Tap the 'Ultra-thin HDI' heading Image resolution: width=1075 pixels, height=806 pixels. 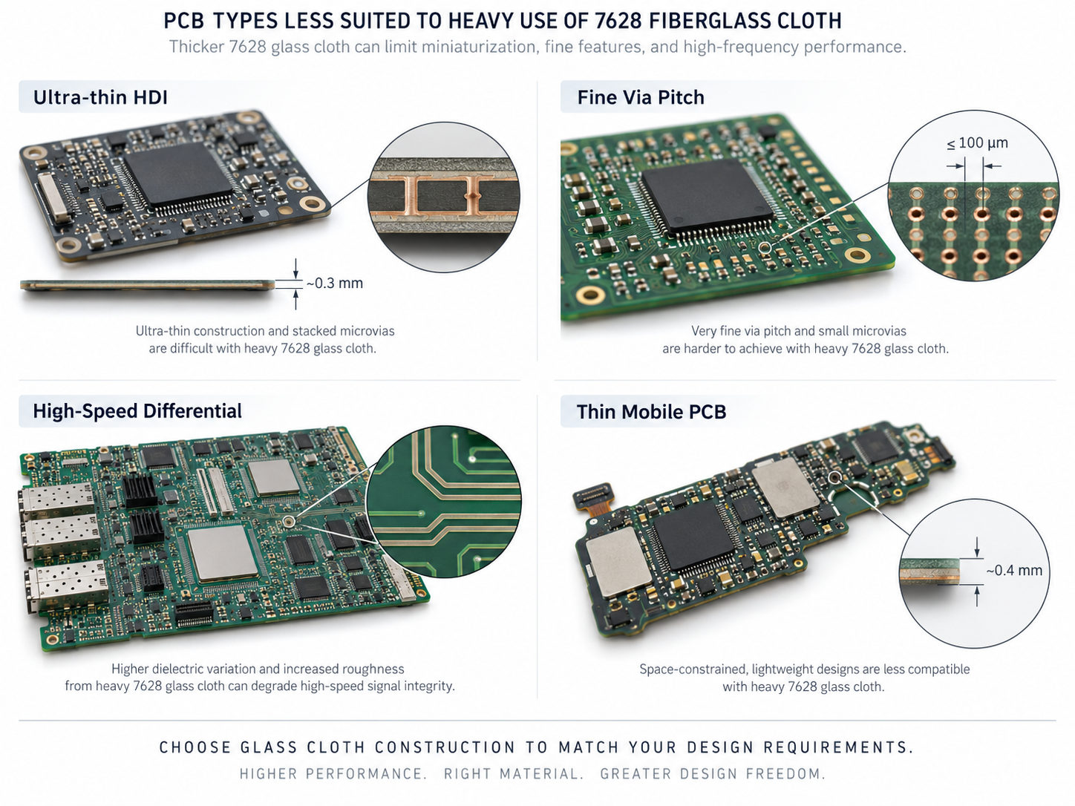pos(100,97)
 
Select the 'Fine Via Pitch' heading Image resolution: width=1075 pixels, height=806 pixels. pos(641,97)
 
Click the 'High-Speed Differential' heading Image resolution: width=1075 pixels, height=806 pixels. pos(137,411)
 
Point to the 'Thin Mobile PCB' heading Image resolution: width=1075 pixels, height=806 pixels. pos(651,412)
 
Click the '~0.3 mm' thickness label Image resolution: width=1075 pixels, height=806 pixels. pos(335,284)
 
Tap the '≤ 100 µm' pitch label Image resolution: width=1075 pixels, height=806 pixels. pos(977,143)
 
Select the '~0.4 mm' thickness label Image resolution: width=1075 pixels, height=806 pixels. pos(1014,571)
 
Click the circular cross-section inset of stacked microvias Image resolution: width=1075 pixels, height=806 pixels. pos(444,197)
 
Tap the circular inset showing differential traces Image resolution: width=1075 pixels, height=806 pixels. pos(444,502)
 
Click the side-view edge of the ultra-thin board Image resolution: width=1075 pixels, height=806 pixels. pos(148,285)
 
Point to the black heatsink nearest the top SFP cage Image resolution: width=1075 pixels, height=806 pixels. pos(141,491)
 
